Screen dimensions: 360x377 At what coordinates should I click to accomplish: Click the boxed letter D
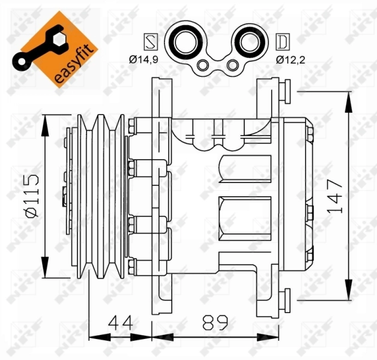(x=281, y=42)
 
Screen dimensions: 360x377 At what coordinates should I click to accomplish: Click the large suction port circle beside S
(x=182, y=42)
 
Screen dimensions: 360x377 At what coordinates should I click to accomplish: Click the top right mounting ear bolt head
(x=286, y=91)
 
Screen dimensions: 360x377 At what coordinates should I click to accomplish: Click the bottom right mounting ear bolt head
(x=286, y=297)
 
